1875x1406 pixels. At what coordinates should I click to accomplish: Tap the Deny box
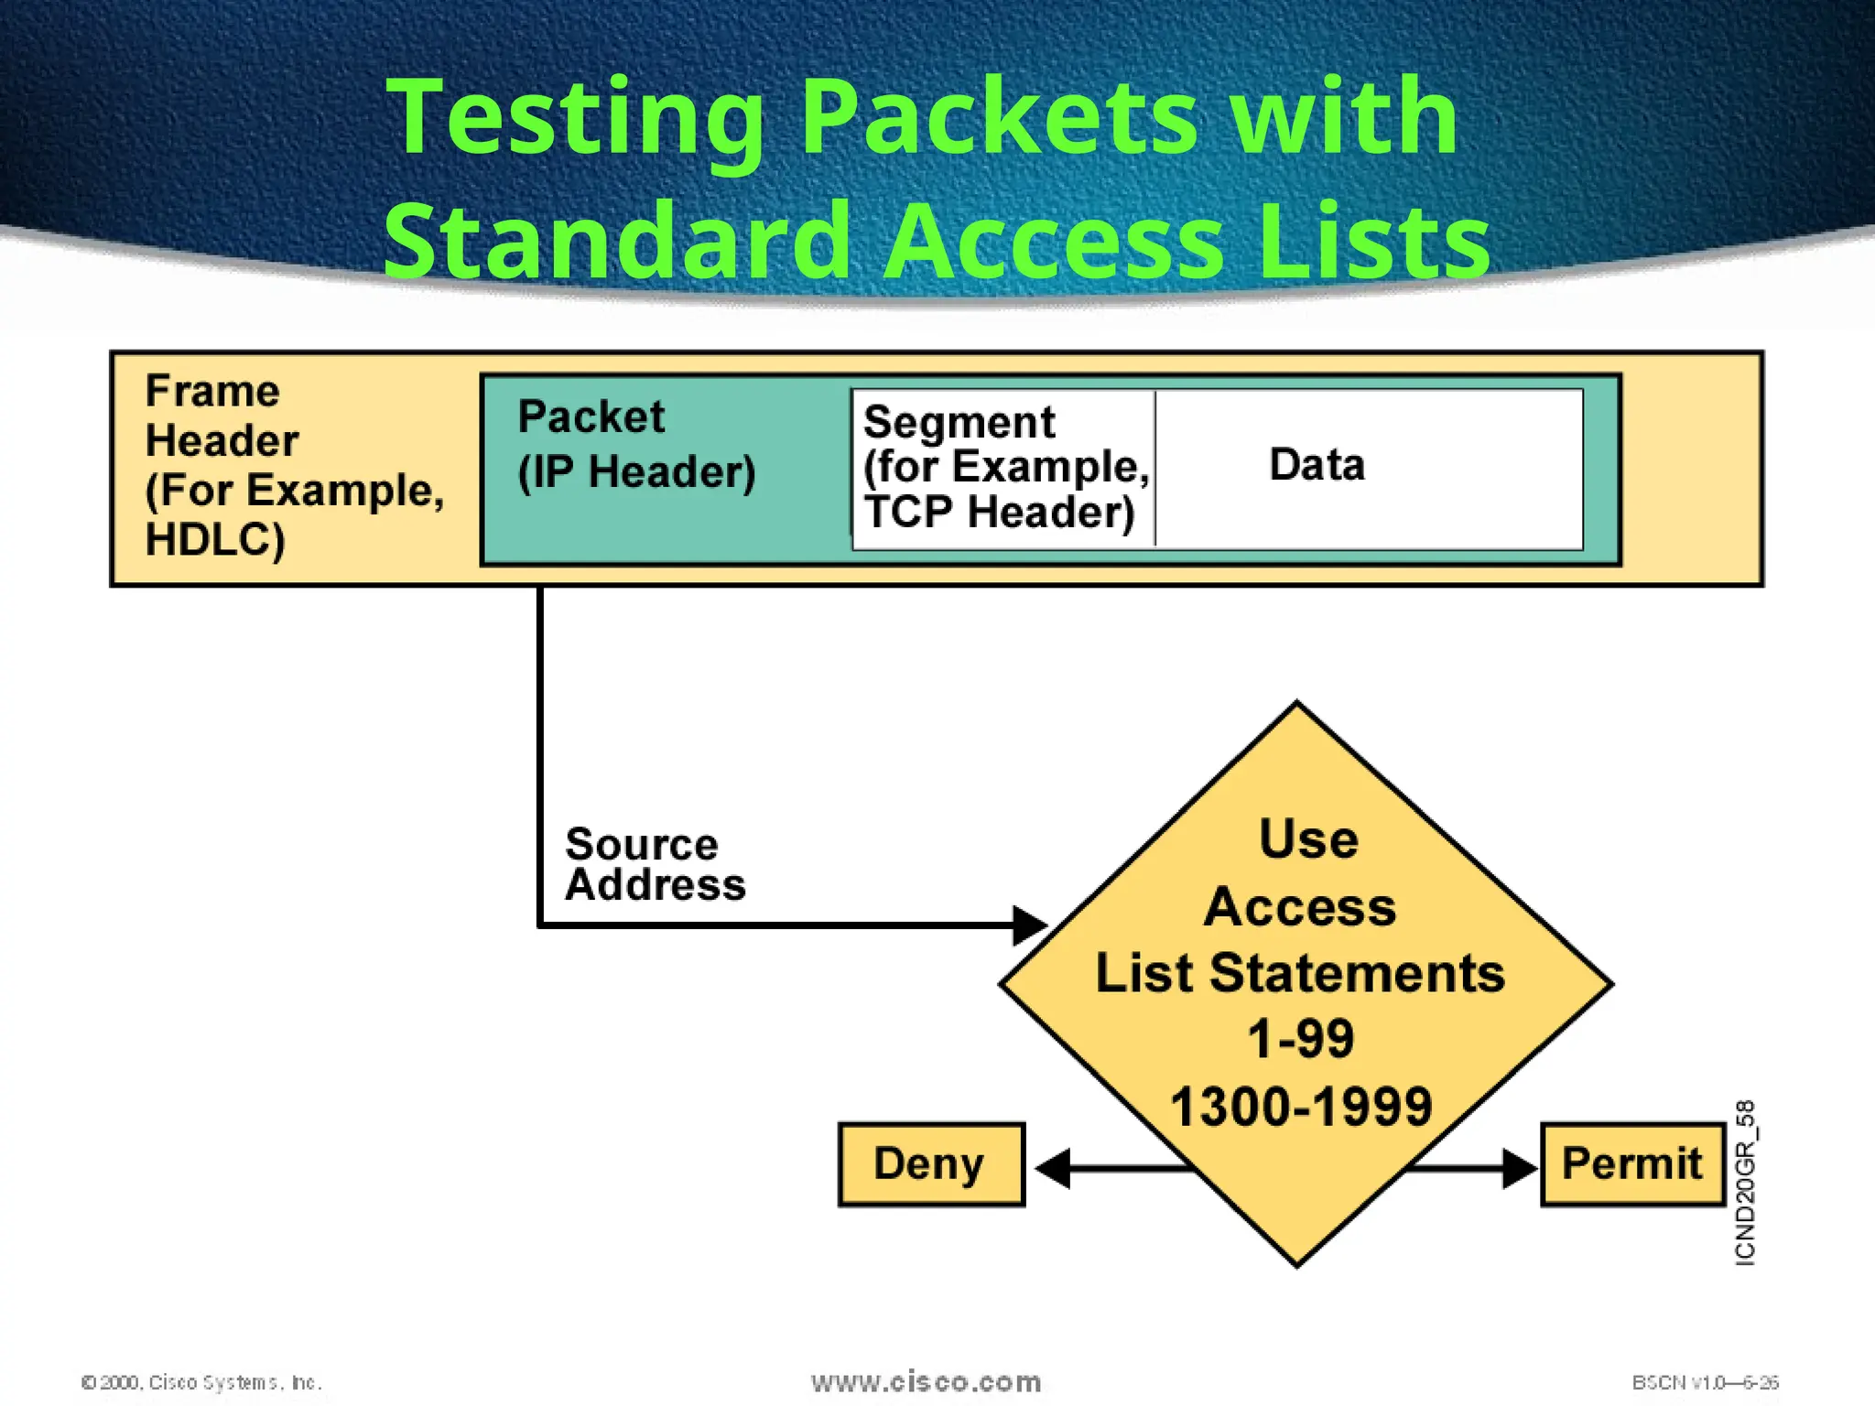click(930, 1164)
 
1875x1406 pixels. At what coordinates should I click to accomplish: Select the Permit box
click(1631, 1164)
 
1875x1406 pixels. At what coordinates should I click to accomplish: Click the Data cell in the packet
click(1317, 465)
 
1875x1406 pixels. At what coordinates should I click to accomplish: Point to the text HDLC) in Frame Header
click(215, 540)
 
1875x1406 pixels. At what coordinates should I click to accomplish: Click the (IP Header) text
click(636, 472)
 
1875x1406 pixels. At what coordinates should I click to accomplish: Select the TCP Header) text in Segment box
click(998, 512)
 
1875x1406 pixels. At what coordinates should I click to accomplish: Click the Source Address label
click(654, 865)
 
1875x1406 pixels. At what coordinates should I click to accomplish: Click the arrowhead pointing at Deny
click(1054, 1168)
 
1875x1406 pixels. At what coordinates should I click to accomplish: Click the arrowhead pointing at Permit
click(1519, 1168)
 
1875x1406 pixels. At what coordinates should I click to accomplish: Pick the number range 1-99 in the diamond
click(1300, 1039)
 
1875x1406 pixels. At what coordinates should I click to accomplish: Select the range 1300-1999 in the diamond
click(1300, 1106)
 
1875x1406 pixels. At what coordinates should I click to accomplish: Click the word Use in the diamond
click(1307, 838)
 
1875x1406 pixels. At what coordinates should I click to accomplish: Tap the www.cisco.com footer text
click(926, 1381)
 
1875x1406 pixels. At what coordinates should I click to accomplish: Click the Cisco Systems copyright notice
click(201, 1382)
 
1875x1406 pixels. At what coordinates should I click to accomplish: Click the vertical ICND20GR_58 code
click(1745, 1183)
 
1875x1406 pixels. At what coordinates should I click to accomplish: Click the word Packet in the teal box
click(591, 417)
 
